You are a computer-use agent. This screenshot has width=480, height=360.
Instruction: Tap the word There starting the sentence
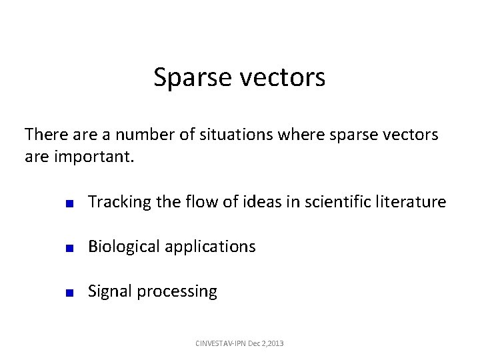[45, 135]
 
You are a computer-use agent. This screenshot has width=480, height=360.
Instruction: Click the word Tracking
[115, 202]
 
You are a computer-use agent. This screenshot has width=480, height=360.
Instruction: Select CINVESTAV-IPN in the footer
[219, 343]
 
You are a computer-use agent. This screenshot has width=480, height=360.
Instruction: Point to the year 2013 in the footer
[275, 343]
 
